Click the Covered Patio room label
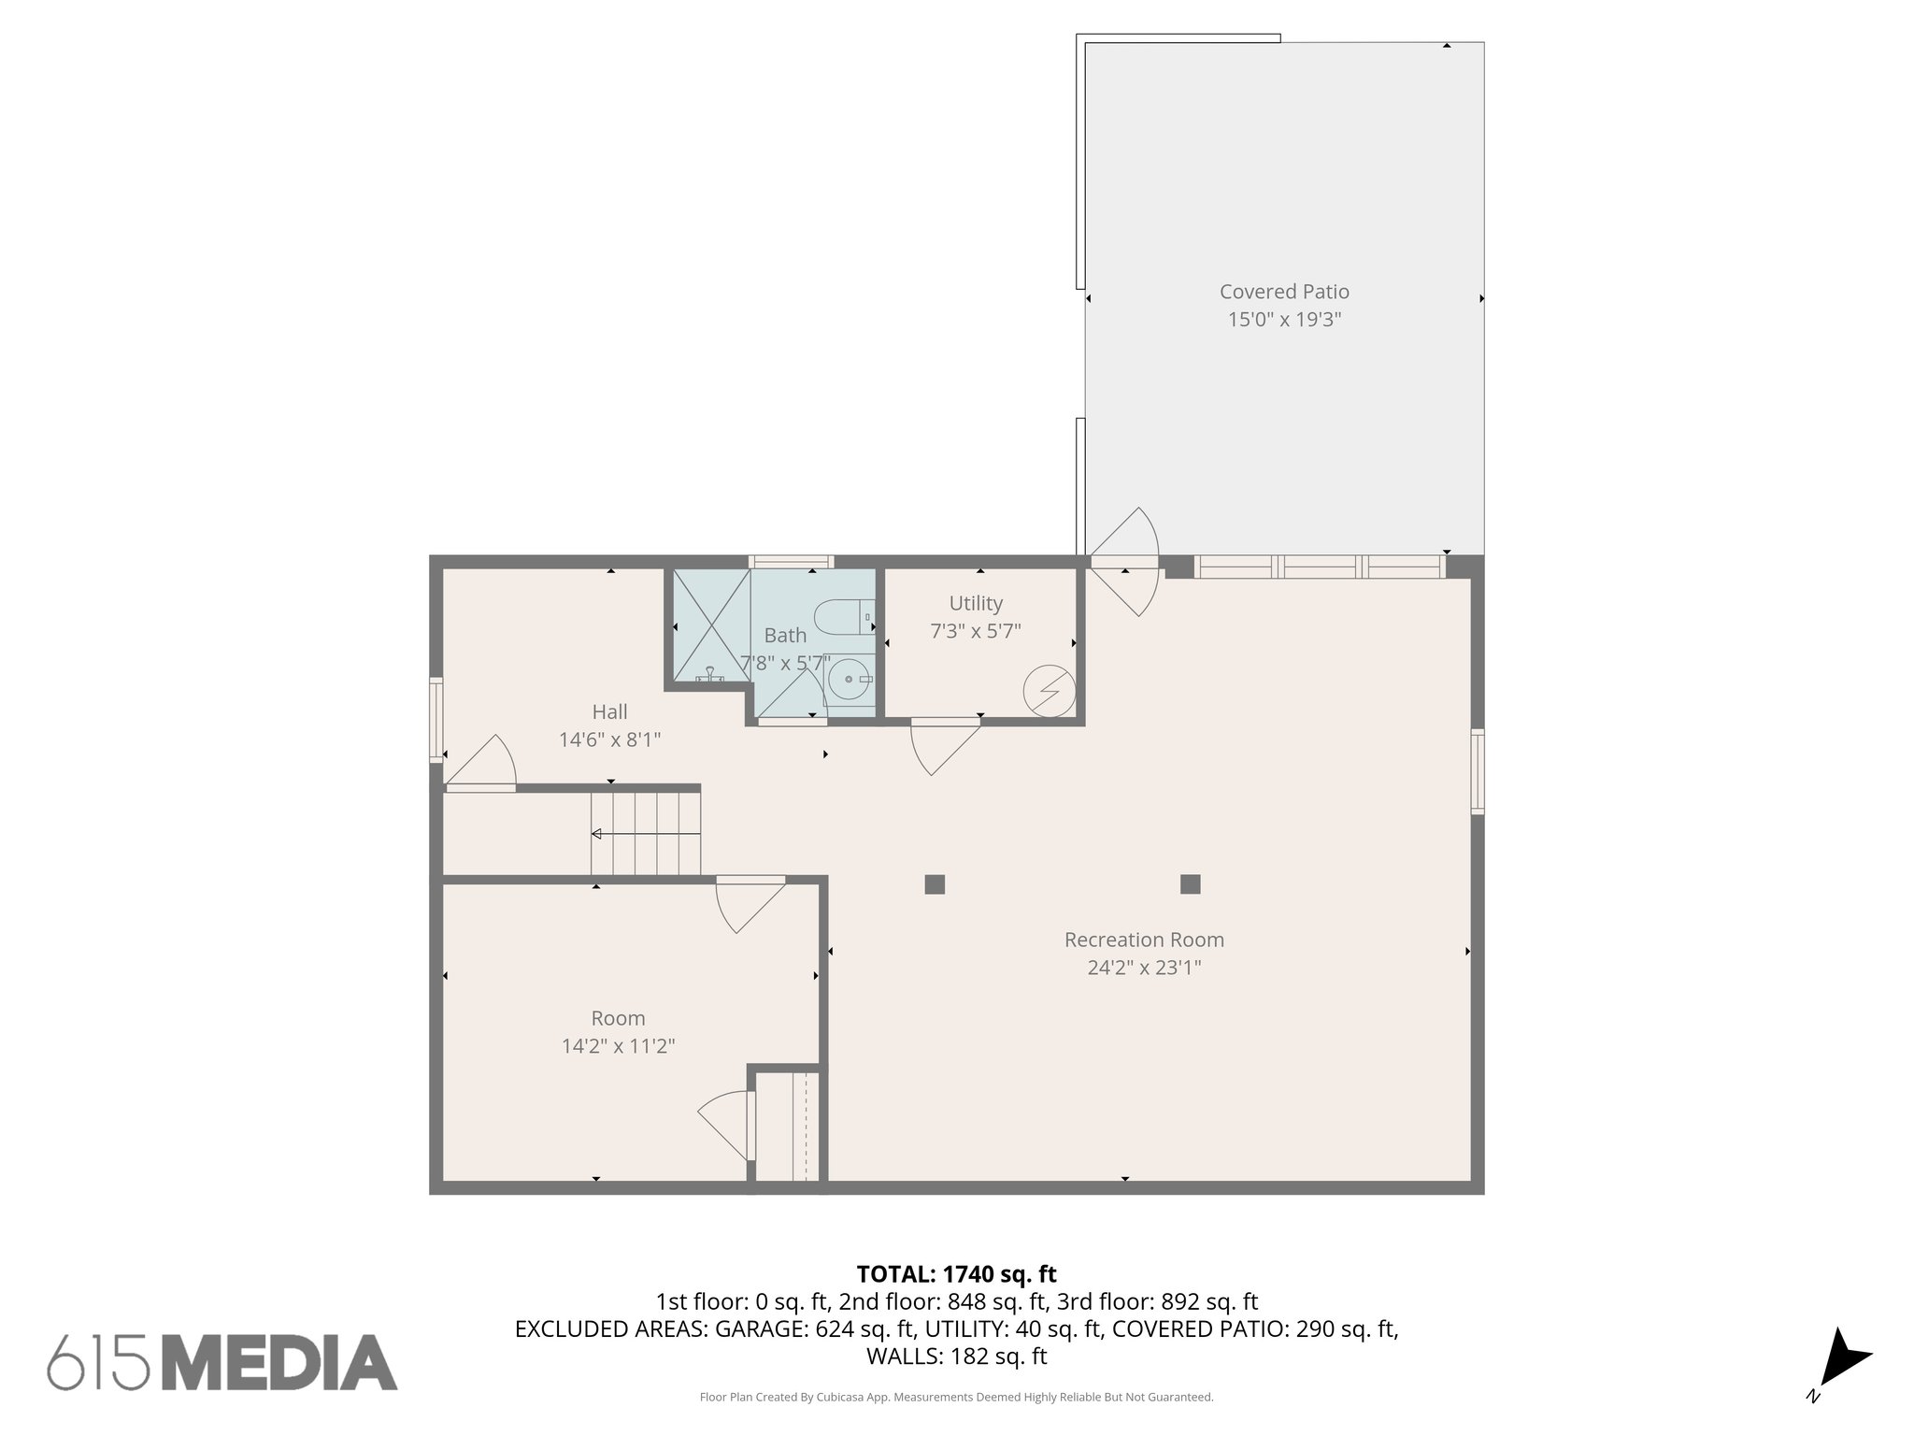[x=1284, y=292]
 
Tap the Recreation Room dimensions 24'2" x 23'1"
[x=1144, y=968]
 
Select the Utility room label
[x=976, y=603]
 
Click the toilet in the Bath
[x=844, y=617]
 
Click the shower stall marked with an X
[x=711, y=625]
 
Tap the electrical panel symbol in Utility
[x=1049, y=691]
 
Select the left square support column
[x=935, y=884]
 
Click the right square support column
[x=1190, y=884]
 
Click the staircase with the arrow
[x=645, y=833]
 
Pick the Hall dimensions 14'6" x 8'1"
[x=609, y=740]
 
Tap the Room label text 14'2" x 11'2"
[x=618, y=1046]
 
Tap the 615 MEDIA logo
[x=222, y=1361]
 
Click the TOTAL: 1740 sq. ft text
[x=956, y=1274]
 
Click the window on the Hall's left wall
[x=436, y=719]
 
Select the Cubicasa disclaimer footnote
[x=956, y=1398]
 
